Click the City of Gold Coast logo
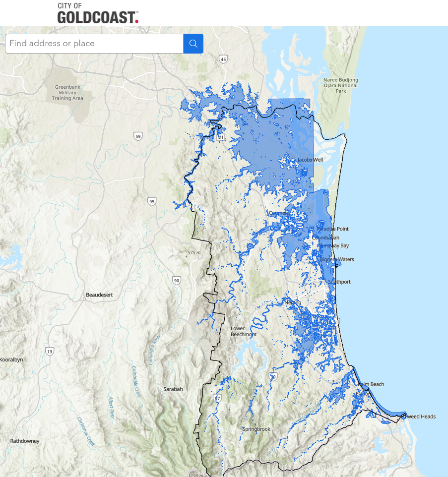click(x=97, y=13)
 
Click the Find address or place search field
click(x=94, y=44)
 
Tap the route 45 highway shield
click(x=223, y=60)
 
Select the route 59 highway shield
click(x=138, y=136)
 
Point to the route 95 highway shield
click(x=151, y=201)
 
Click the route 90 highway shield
click(x=177, y=281)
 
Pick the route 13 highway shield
click(x=49, y=352)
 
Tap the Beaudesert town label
click(x=99, y=295)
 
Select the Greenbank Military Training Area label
click(x=68, y=93)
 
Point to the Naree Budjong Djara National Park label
click(x=340, y=85)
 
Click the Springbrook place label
click(x=256, y=429)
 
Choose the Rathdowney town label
click(x=25, y=441)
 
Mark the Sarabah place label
click(x=173, y=389)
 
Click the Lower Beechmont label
click(x=244, y=331)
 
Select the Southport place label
click(x=339, y=282)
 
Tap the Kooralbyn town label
click(x=12, y=359)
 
